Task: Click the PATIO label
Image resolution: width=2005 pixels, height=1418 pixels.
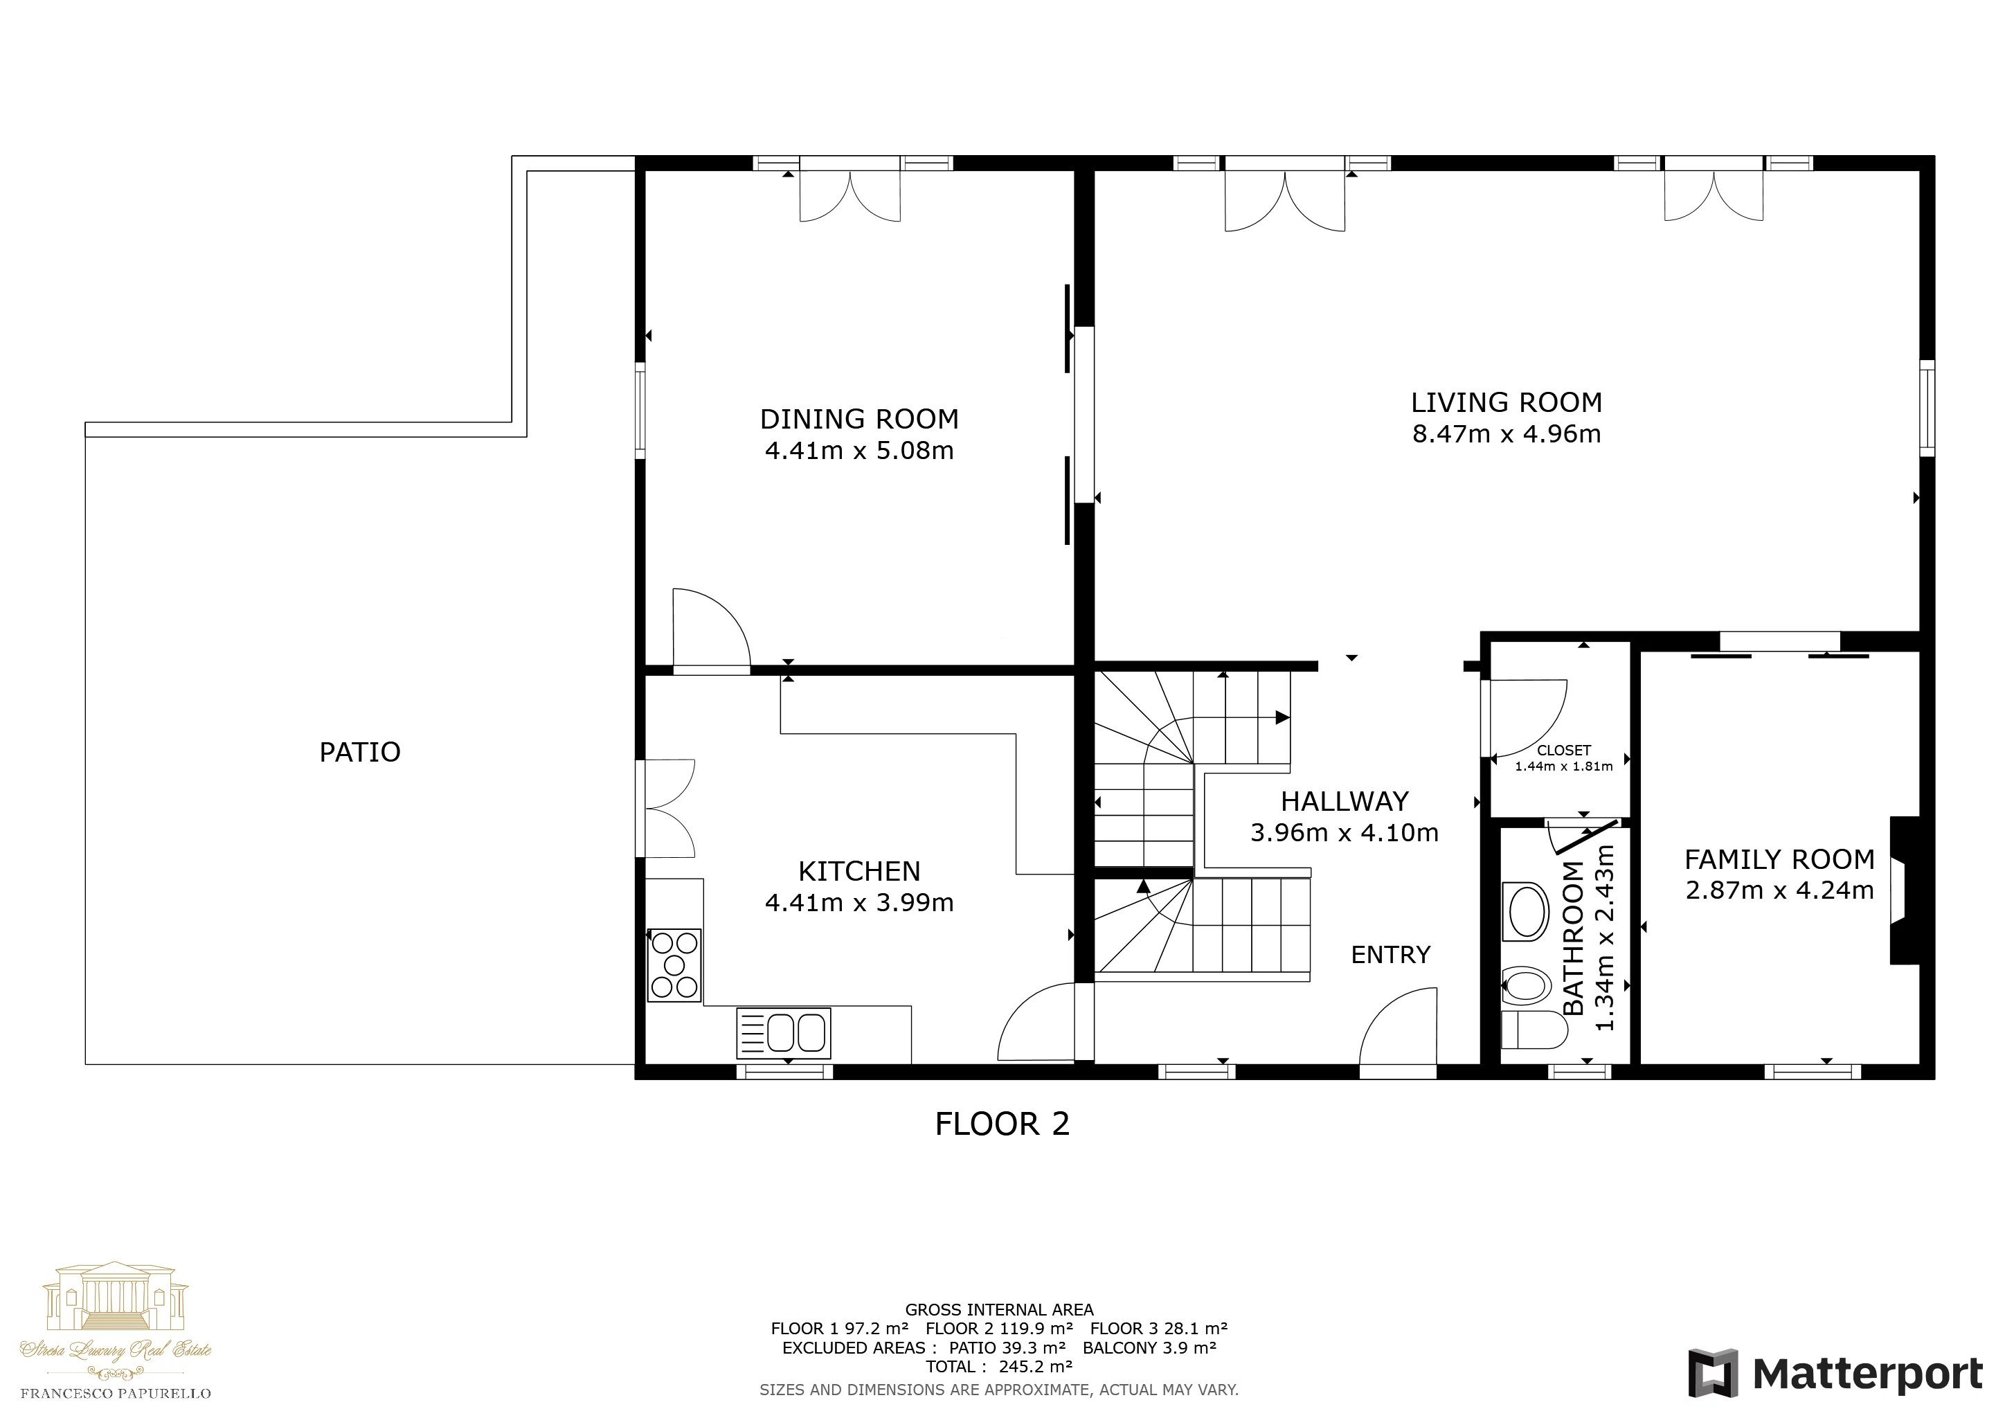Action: pos(360,752)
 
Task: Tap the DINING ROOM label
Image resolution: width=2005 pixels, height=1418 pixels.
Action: pos(859,419)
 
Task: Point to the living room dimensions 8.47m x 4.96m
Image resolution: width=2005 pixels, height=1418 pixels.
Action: pos(1507,434)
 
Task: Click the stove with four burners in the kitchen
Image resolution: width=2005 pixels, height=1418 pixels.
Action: pos(674,964)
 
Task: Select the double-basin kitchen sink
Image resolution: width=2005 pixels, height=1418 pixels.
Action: pos(783,1033)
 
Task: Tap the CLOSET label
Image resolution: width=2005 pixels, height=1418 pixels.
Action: pos(1564,750)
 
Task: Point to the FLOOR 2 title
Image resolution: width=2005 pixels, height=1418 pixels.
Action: pos(1002,1124)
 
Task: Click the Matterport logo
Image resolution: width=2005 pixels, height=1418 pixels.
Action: pos(1835,1374)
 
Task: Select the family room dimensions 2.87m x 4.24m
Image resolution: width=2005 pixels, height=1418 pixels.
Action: pos(1780,890)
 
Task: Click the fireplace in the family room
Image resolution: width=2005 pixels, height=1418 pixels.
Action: pos(1905,890)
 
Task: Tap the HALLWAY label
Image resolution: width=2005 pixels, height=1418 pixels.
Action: pos(1345,802)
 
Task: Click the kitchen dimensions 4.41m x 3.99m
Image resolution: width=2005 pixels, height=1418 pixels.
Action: pos(859,903)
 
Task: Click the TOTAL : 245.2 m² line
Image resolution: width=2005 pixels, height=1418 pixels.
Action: pos(999,1367)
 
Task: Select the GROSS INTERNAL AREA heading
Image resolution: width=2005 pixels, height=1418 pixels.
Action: pos(999,1310)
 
